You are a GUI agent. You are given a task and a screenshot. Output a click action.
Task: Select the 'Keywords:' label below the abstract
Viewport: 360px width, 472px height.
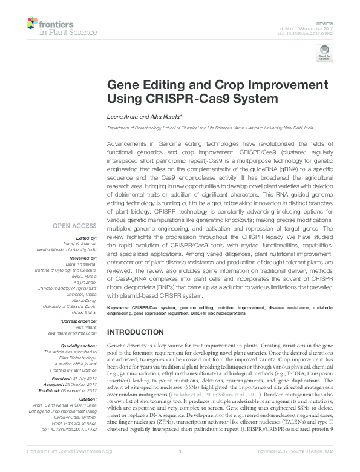pos(119,308)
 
